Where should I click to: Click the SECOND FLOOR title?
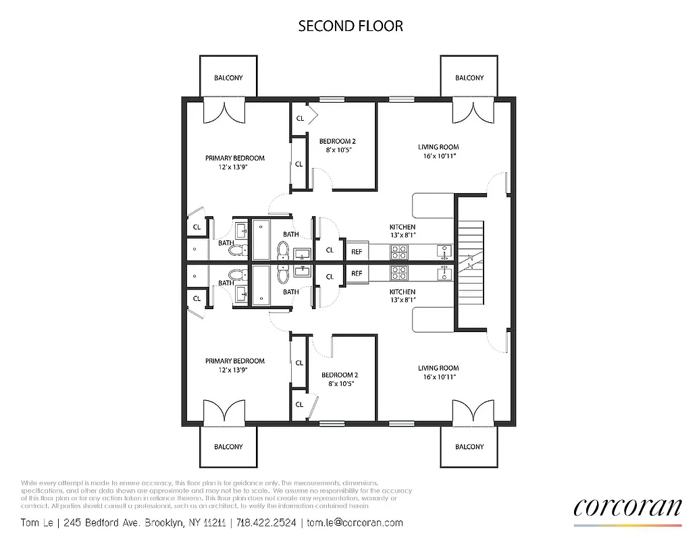pyautogui.click(x=351, y=26)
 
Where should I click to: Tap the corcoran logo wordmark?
pyautogui.click(x=627, y=508)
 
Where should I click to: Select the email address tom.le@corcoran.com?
pyautogui.click(x=355, y=522)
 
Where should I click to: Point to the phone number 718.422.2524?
pyautogui.click(x=267, y=522)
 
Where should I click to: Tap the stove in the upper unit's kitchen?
pyautogui.click(x=398, y=252)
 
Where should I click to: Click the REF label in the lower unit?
pyautogui.click(x=357, y=273)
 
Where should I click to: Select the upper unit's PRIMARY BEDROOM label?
pyautogui.click(x=235, y=158)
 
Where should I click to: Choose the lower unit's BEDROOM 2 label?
pyautogui.click(x=340, y=375)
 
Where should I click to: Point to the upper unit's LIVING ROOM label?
pyautogui.click(x=438, y=147)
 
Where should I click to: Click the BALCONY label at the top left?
pyautogui.click(x=228, y=78)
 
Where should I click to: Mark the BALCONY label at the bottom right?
pyautogui.click(x=469, y=447)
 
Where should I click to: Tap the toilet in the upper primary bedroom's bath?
pyautogui.click(x=235, y=251)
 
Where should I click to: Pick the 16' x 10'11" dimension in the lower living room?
pyautogui.click(x=438, y=377)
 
